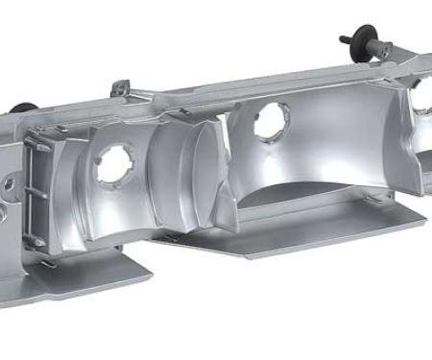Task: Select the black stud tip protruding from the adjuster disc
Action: (x=344, y=40)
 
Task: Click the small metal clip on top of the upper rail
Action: (x=119, y=88)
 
